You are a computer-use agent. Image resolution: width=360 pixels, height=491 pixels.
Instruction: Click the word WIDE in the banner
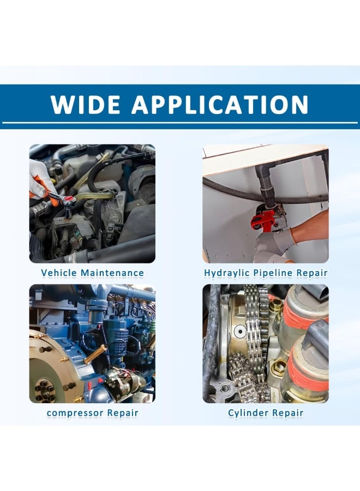[x=85, y=104]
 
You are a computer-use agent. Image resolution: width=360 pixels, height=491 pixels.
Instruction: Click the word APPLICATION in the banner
[x=220, y=104]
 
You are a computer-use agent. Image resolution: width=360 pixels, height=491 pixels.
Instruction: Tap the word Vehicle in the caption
[x=58, y=273]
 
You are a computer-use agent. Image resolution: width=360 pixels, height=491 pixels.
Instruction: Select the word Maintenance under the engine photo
[x=112, y=273]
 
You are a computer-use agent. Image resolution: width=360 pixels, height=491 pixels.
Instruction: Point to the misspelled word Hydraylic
[x=227, y=273]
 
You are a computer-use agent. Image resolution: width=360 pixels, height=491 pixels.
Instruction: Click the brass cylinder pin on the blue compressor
[x=95, y=354]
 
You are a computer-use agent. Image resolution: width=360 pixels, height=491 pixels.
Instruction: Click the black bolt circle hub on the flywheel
[x=44, y=390]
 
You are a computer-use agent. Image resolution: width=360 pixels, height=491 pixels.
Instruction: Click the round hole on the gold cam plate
[x=240, y=331]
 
